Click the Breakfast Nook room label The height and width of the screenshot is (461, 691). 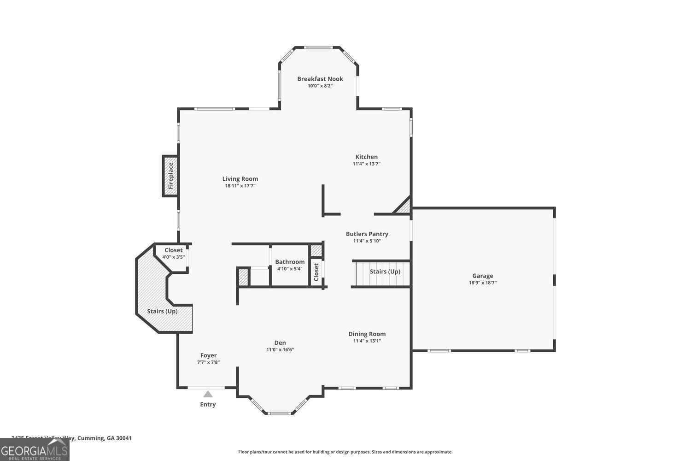pyautogui.click(x=320, y=79)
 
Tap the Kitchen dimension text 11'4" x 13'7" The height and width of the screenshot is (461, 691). pyautogui.click(x=366, y=164)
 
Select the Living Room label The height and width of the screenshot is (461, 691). pyautogui.click(x=240, y=179)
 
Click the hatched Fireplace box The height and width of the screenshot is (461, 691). pyautogui.click(x=170, y=176)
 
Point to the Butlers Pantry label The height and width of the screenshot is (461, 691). pyautogui.click(x=367, y=234)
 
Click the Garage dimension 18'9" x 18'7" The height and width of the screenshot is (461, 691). pyautogui.click(x=482, y=283)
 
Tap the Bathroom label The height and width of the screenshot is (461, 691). pyautogui.click(x=290, y=262)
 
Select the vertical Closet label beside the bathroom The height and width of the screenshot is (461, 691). pyautogui.click(x=316, y=272)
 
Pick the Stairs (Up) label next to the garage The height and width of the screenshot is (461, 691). pyautogui.click(x=385, y=272)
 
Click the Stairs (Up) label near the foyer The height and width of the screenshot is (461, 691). pyautogui.click(x=162, y=311)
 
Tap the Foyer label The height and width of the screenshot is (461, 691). pyautogui.click(x=208, y=355)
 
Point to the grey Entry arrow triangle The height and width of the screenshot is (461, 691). pyautogui.click(x=208, y=394)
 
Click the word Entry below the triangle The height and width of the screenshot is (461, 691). pyautogui.click(x=208, y=404)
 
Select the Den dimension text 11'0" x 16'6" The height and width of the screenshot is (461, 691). pyautogui.click(x=280, y=349)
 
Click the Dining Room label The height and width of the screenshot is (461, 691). pyautogui.click(x=367, y=334)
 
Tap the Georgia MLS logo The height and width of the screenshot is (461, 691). pyautogui.click(x=35, y=449)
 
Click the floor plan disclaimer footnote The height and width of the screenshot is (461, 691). pyautogui.click(x=345, y=452)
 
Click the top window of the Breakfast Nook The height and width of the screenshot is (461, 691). pyautogui.click(x=319, y=47)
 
